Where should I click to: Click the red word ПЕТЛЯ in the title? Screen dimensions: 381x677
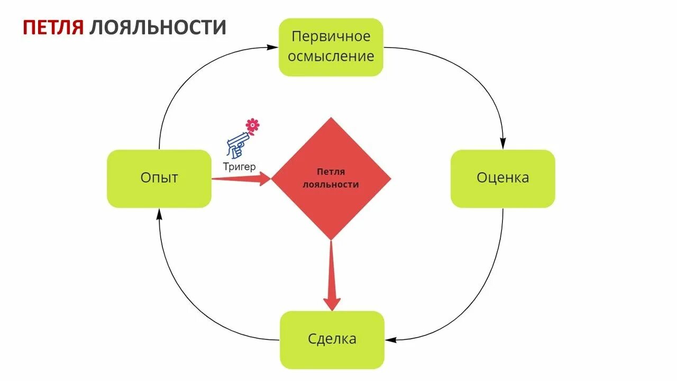click(53, 27)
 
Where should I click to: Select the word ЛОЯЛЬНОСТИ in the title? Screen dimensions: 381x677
click(158, 27)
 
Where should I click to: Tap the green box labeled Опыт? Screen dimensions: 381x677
click(159, 178)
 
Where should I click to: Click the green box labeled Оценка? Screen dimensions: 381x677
click(502, 178)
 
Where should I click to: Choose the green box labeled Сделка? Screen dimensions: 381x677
click(332, 339)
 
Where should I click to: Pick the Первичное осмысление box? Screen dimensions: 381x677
click(331, 47)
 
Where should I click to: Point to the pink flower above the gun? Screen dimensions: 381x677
click(253, 125)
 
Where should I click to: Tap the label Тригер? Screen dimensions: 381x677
click(240, 167)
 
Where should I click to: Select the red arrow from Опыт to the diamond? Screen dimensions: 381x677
click(241, 179)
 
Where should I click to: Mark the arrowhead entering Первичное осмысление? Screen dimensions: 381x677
click(273, 47)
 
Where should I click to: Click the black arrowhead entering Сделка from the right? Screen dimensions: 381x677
click(390, 339)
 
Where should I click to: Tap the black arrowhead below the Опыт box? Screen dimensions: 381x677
click(159, 213)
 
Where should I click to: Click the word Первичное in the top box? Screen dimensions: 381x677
click(331, 37)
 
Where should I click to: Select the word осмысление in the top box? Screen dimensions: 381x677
click(331, 56)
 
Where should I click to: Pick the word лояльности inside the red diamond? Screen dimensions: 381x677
click(331, 185)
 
